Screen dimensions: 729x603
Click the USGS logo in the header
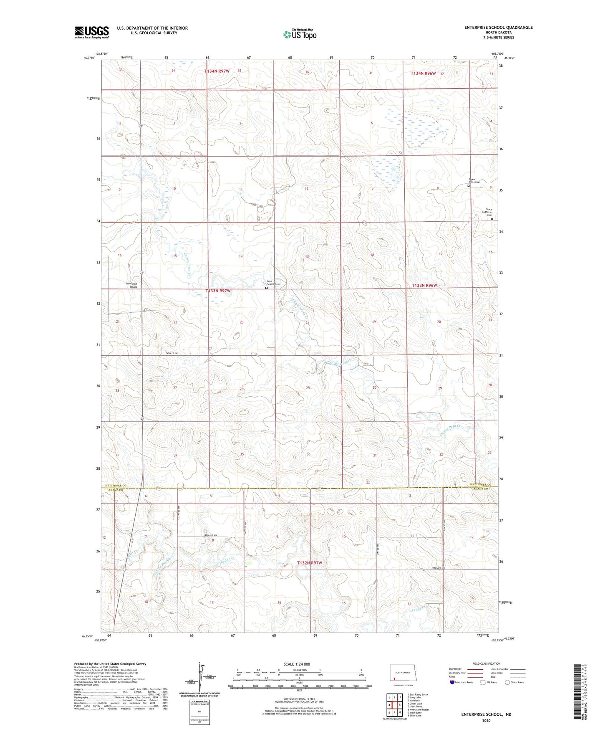click(x=91, y=32)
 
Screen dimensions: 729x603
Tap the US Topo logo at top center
click(x=300, y=34)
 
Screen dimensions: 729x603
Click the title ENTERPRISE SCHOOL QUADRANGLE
click(x=498, y=28)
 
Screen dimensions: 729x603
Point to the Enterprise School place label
click(x=131, y=285)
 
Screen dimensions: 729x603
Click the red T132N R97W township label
click(x=310, y=563)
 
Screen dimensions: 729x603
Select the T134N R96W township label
click(x=423, y=73)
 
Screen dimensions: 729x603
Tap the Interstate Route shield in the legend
click(x=452, y=682)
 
